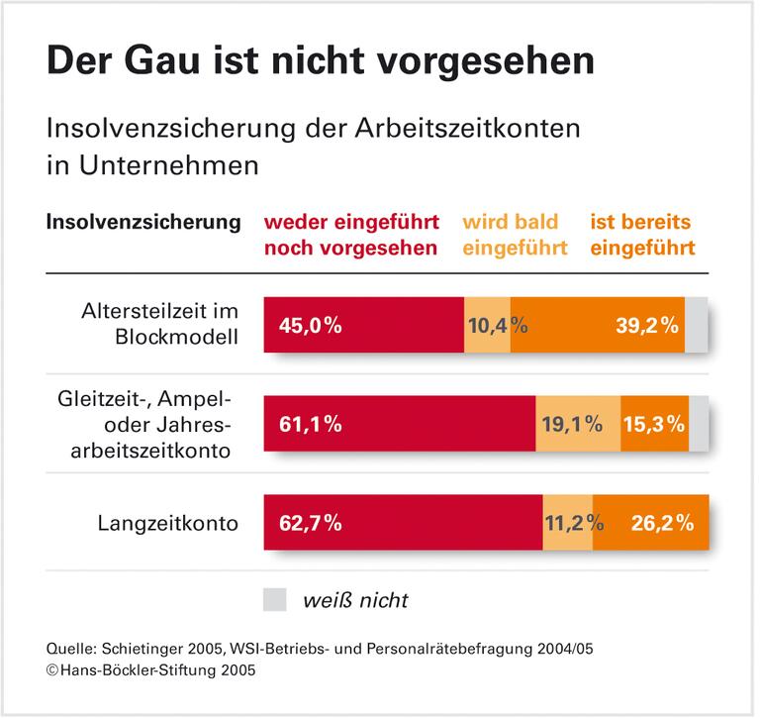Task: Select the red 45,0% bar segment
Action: [x=363, y=324]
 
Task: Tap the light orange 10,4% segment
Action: [x=487, y=324]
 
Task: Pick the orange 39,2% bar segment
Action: [x=598, y=324]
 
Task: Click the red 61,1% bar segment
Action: [x=399, y=424]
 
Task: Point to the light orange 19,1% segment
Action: [x=577, y=424]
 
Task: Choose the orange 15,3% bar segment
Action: [x=654, y=424]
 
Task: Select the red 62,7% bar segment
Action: [x=403, y=523]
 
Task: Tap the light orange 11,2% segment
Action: [x=568, y=523]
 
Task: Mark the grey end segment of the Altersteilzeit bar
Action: [x=697, y=324]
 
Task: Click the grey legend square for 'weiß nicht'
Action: [x=275, y=599]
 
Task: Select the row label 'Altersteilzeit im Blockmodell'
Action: [x=161, y=323]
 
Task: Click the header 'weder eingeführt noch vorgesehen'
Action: [x=350, y=235]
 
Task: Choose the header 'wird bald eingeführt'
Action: [x=514, y=235]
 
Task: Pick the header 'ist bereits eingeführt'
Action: [x=642, y=235]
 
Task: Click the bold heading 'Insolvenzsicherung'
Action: [x=143, y=222]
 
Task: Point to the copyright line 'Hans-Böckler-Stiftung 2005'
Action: [x=150, y=671]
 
